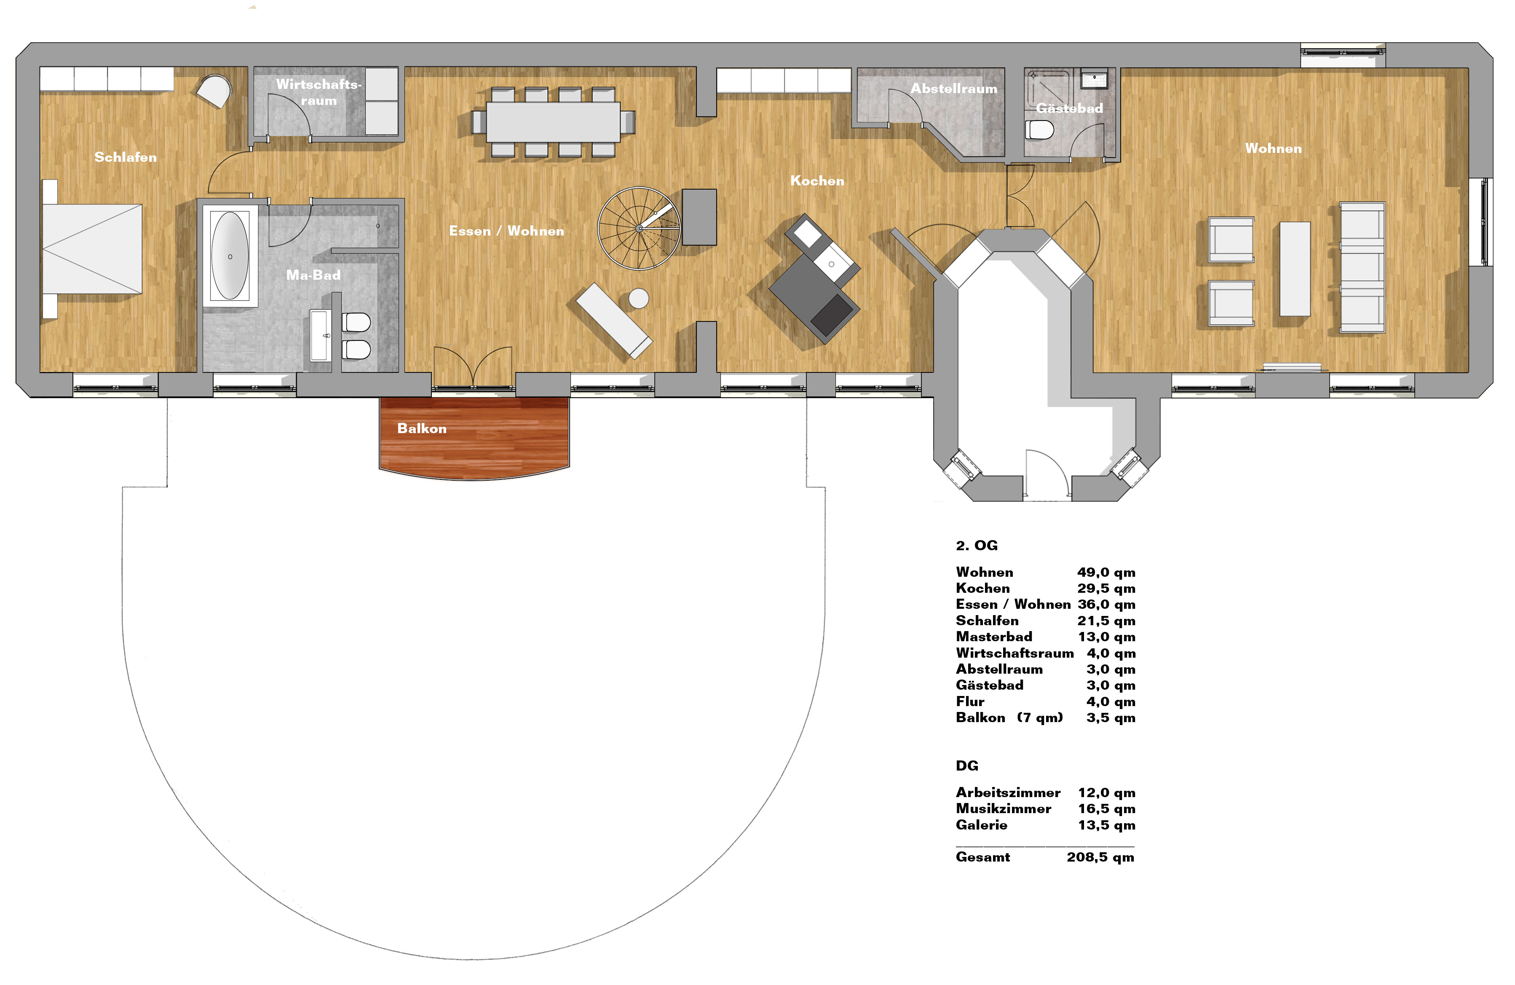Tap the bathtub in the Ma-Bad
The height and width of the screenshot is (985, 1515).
(230, 256)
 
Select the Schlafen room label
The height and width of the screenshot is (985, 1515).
(126, 157)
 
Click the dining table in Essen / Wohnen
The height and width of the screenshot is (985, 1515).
(552, 122)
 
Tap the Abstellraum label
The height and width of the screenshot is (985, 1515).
(953, 88)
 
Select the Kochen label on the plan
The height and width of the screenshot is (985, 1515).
(817, 181)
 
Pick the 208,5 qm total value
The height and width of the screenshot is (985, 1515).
(1100, 857)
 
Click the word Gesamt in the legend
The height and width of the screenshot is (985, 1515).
(983, 857)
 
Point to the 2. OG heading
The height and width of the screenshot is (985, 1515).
(977, 546)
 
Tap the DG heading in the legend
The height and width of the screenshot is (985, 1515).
(967, 766)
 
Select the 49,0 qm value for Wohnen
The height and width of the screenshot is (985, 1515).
(1106, 573)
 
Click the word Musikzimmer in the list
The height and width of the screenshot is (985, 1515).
(1003, 808)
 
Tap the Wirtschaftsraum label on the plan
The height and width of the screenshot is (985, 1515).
(318, 92)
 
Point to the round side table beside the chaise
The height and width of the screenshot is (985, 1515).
(638, 298)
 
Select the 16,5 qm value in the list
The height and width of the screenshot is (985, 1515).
(1106, 808)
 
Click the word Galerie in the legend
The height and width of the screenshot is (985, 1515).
(982, 825)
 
